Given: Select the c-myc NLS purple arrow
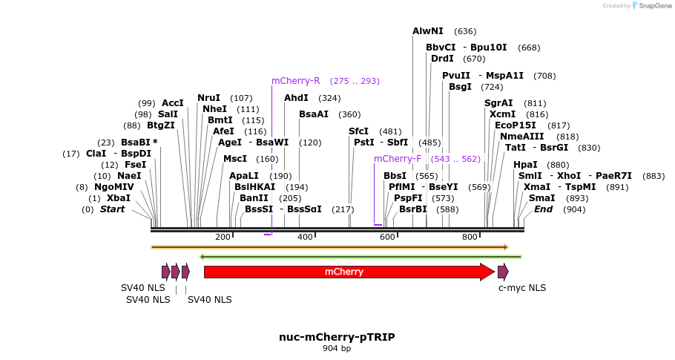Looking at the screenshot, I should pyautogui.click(x=503, y=272).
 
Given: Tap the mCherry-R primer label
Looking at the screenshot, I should pyautogui.click(x=295, y=81).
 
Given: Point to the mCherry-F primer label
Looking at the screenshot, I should pyautogui.click(x=398, y=159).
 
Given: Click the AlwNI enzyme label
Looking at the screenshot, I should pyautogui.click(x=428, y=31).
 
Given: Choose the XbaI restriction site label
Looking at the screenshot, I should pyautogui.click(x=118, y=198).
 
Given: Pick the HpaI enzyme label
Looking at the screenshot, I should pyautogui.click(x=525, y=165).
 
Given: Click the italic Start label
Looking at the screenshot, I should pyautogui.click(x=113, y=209).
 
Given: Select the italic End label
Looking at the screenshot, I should pyautogui.click(x=544, y=209).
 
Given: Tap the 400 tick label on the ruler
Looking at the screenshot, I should pyautogui.click(x=305, y=237).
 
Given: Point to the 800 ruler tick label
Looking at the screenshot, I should pyautogui.click(x=470, y=237).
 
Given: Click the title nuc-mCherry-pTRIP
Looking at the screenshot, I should pyautogui.click(x=337, y=336).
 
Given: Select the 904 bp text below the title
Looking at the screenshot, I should pyautogui.click(x=337, y=348).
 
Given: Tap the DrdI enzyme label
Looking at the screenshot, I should pyautogui.click(x=442, y=59).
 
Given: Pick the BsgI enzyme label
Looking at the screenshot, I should pyautogui.click(x=460, y=87).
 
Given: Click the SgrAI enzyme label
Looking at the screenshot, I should pyautogui.click(x=498, y=103).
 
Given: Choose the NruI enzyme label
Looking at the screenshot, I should pyautogui.click(x=208, y=98).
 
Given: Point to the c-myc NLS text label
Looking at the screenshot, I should pyautogui.click(x=521, y=288).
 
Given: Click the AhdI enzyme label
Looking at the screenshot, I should pyautogui.click(x=296, y=98).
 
